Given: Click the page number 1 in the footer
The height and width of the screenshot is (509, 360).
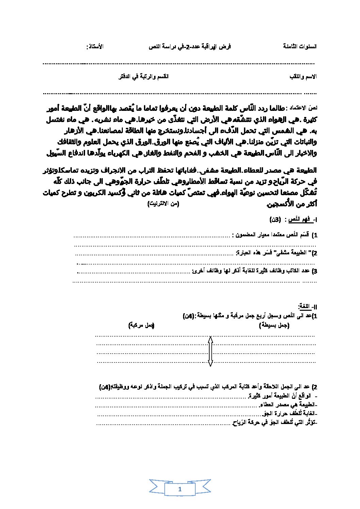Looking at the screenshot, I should click(180, 489).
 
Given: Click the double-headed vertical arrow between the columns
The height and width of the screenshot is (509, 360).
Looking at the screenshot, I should click(210, 351).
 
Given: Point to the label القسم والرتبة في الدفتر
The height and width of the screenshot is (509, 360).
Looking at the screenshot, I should click(143, 77).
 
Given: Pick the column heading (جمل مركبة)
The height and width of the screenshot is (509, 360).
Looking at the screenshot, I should click(142, 325).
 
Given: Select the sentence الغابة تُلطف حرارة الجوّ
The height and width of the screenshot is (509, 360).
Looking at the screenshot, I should click(289, 414).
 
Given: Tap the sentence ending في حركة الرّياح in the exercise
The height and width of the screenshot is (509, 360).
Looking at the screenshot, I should click(274, 423).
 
